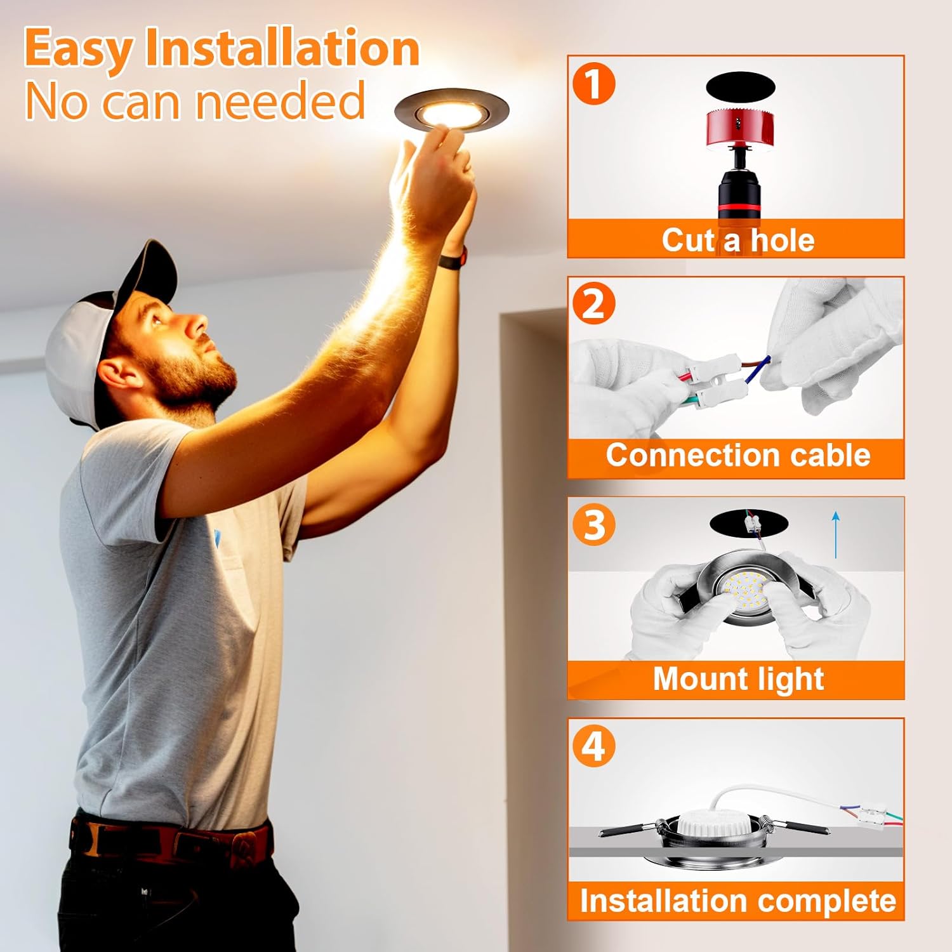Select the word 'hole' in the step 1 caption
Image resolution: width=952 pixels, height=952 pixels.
coord(783,241)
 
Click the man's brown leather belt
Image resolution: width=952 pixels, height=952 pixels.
coord(171,841)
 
